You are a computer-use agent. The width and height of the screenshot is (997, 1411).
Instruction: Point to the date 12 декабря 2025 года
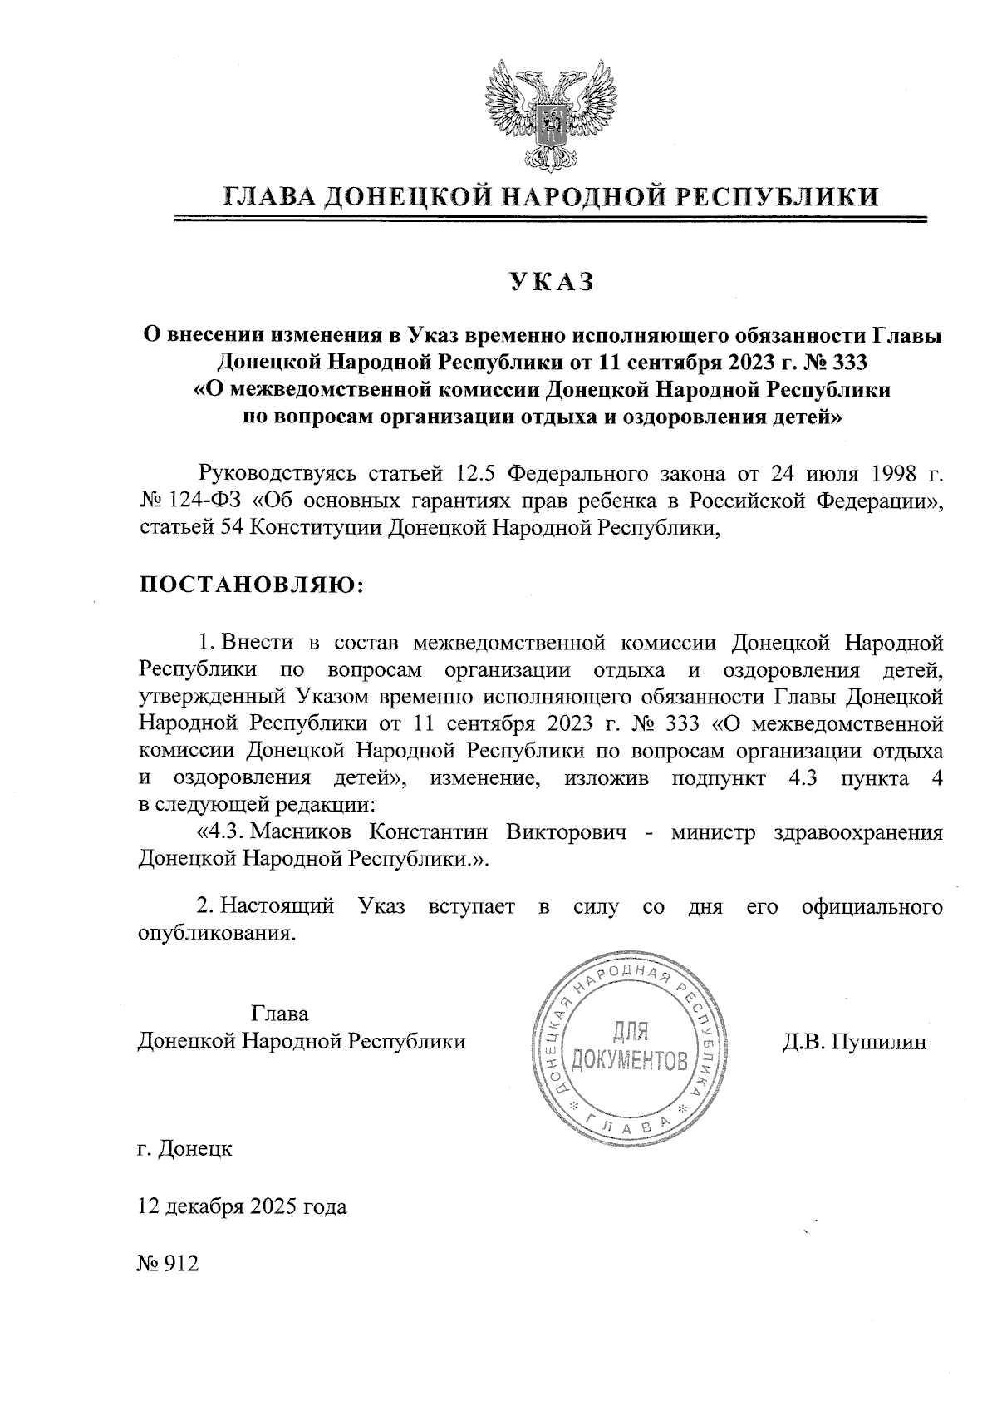tap(242, 1206)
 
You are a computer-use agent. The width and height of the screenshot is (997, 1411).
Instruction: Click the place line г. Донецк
tap(185, 1149)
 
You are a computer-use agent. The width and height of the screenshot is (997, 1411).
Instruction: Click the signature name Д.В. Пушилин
tap(854, 1041)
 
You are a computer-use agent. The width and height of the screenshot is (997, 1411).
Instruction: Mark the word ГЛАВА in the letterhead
tap(268, 196)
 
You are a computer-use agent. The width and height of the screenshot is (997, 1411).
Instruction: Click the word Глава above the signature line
tap(279, 1014)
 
